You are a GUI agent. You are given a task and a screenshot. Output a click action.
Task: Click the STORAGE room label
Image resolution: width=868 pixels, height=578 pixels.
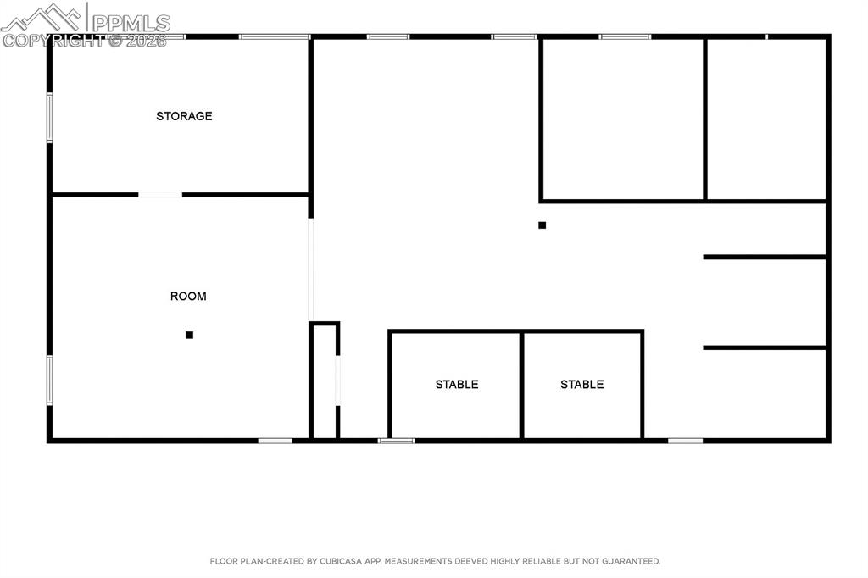click(184, 116)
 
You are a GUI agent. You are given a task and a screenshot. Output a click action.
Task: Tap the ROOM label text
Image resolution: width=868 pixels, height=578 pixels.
click(188, 297)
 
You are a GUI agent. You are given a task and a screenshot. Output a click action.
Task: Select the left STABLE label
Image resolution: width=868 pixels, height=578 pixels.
click(457, 385)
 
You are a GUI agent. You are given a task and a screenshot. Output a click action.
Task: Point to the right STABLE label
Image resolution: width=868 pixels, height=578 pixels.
click(581, 385)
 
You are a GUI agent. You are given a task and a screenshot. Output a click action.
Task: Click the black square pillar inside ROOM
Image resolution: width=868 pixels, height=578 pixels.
click(189, 335)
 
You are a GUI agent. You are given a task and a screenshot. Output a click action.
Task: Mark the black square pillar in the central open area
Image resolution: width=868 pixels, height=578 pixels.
click(542, 225)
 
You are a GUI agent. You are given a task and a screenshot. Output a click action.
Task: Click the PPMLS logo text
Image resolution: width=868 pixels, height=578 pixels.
click(131, 23)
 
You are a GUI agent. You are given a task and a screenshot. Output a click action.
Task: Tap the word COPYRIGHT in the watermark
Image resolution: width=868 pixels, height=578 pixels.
click(51, 40)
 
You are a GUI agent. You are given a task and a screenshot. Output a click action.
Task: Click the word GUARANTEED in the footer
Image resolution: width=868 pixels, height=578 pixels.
click(632, 561)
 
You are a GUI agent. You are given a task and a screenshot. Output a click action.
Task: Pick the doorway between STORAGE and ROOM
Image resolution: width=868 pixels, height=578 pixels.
click(160, 195)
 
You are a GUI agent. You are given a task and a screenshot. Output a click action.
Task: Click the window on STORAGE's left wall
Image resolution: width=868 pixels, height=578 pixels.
click(50, 118)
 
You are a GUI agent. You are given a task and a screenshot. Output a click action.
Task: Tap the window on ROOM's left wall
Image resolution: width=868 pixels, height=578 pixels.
click(50, 380)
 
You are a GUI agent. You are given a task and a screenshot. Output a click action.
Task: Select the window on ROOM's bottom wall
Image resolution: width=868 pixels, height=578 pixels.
click(275, 440)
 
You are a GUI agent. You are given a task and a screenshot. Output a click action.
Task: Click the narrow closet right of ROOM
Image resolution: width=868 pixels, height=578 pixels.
click(325, 381)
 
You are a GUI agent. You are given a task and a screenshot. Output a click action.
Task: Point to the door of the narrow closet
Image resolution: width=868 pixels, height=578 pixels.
click(338, 381)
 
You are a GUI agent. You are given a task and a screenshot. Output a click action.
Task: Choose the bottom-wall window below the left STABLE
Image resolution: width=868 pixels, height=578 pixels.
click(397, 440)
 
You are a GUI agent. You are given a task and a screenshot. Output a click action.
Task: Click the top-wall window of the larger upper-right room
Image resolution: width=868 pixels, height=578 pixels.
click(625, 36)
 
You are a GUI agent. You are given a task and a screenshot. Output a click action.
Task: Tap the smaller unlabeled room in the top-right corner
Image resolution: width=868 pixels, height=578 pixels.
click(766, 119)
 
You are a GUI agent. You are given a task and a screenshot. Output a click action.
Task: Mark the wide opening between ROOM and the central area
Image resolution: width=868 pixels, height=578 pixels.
click(311, 270)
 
